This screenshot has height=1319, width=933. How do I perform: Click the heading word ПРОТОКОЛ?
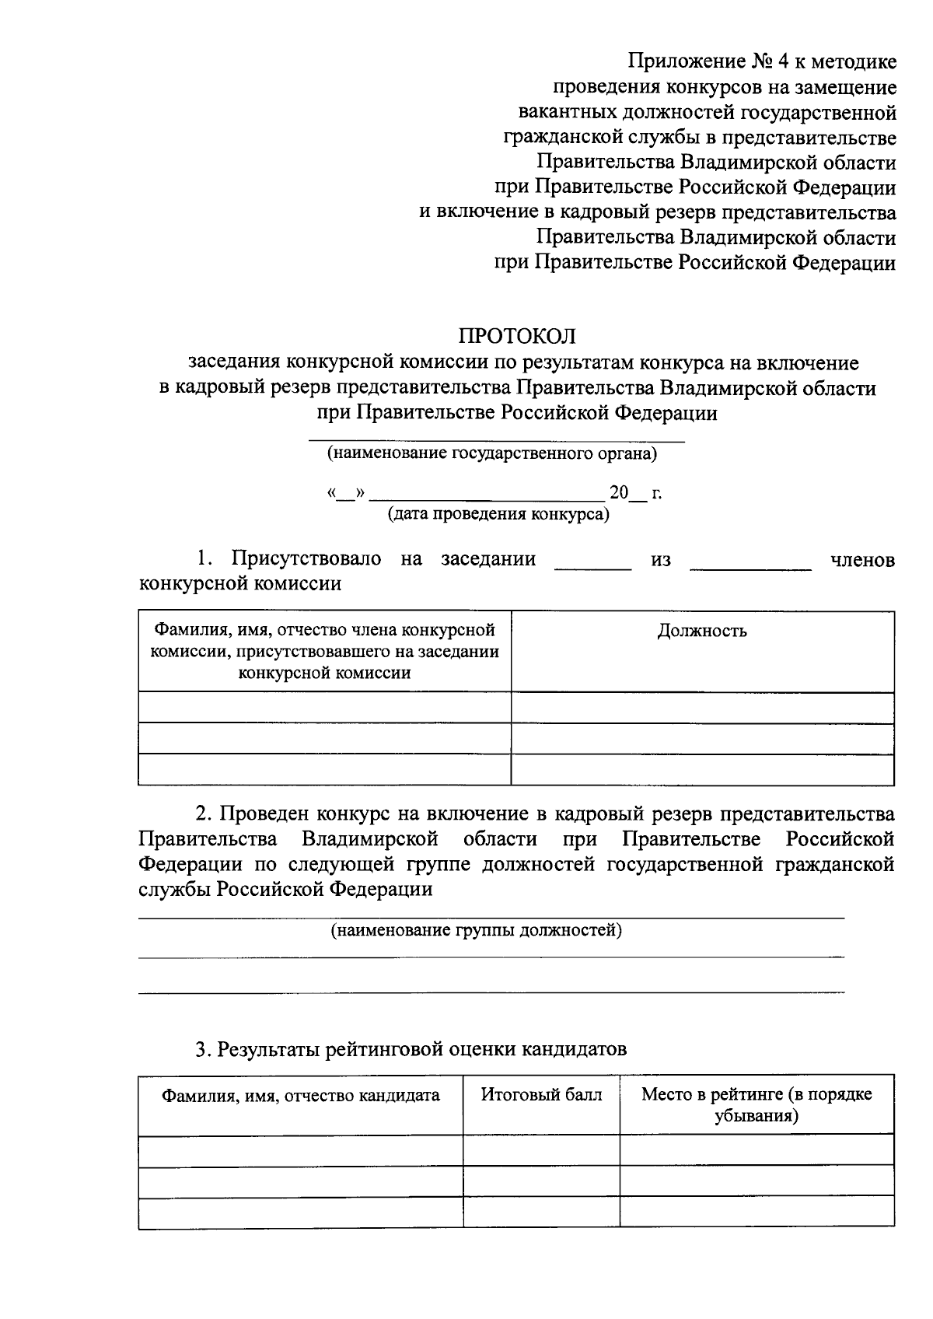click(517, 336)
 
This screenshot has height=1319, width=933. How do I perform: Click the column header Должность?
click(702, 631)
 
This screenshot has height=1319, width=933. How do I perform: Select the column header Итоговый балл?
click(541, 1095)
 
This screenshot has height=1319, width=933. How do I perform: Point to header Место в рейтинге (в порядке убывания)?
click(757, 1105)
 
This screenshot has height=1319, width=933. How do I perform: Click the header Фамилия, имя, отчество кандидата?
click(300, 1096)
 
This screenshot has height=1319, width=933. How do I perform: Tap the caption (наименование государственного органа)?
click(491, 453)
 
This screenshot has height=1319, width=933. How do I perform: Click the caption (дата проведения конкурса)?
click(498, 514)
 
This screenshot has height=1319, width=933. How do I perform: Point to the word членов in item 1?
click(862, 560)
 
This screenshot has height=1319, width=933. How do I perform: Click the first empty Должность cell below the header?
click(702, 707)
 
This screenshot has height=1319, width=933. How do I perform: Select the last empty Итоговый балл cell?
click(541, 1212)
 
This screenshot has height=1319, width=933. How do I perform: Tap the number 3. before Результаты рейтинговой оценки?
click(203, 1050)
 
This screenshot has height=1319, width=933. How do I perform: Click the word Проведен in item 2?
click(264, 815)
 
